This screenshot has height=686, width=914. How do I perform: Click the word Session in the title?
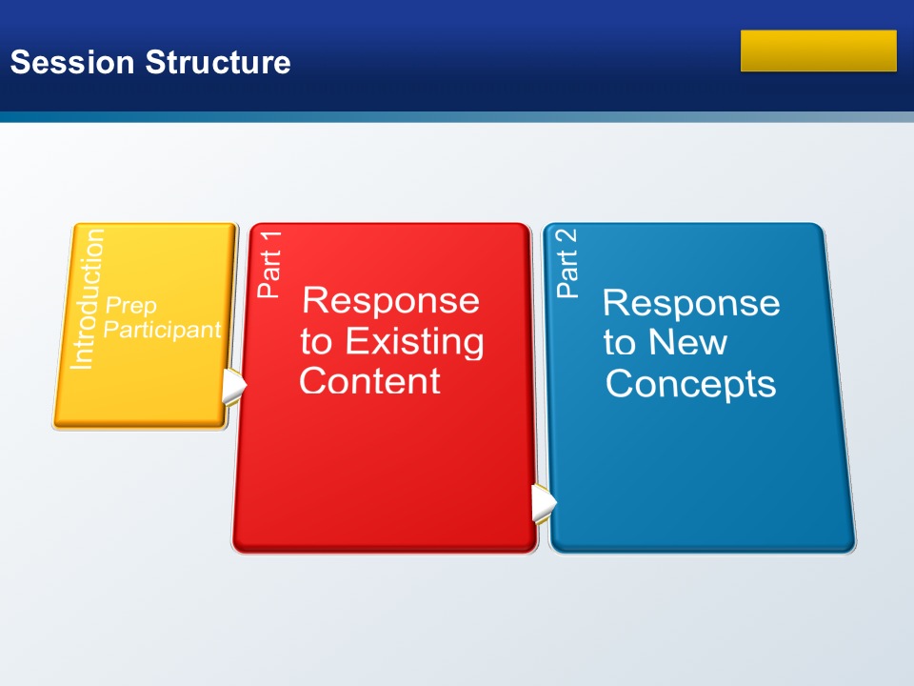click(x=72, y=62)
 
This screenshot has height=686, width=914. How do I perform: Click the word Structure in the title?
click(x=217, y=62)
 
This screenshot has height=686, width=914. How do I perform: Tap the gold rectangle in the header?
click(x=819, y=50)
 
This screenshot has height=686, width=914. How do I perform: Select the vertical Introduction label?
click(x=87, y=298)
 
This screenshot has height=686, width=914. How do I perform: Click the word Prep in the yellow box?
click(x=130, y=306)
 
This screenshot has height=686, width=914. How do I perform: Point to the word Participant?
click(x=162, y=330)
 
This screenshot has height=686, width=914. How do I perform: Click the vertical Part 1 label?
click(x=269, y=264)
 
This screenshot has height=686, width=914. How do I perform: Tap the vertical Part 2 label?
click(x=567, y=263)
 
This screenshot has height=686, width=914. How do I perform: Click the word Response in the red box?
click(x=390, y=300)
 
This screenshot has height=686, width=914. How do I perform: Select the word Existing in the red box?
click(x=414, y=341)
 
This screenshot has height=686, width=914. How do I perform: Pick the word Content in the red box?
click(x=369, y=381)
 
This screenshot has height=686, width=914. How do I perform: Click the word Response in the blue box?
click(x=691, y=303)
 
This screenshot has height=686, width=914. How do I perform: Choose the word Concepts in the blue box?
click(x=691, y=384)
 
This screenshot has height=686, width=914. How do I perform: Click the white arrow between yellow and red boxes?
click(x=234, y=385)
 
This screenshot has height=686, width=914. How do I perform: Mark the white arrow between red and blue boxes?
click(x=544, y=503)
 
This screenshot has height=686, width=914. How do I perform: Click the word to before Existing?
click(x=316, y=342)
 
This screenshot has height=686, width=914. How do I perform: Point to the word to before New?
click(x=619, y=343)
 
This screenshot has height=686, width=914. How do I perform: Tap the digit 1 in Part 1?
click(x=270, y=240)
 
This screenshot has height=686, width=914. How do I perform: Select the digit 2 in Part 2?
click(x=567, y=238)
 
